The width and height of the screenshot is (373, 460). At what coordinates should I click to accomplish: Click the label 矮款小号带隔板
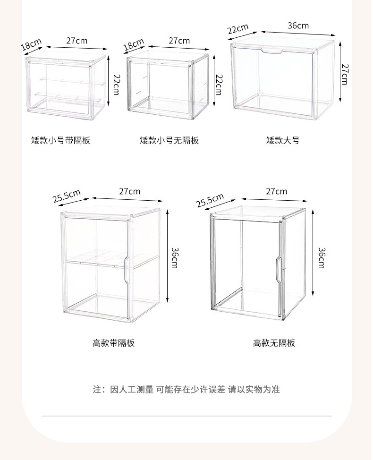(x=61, y=140)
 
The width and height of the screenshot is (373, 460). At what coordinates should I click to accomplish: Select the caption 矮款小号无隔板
(x=169, y=140)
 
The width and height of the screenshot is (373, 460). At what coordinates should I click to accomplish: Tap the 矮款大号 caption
(x=283, y=140)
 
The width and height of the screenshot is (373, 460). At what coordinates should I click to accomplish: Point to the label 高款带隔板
(x=113, y=343)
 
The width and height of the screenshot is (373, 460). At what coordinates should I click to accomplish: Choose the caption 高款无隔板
(x=274, y=343)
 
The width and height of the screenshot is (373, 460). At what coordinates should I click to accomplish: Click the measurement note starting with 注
(x=186, y=390)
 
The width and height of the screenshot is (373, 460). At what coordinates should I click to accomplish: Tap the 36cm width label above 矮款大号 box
(x=298, y=26)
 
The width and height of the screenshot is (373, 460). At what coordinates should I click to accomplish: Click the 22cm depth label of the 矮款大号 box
(x=238, y=29)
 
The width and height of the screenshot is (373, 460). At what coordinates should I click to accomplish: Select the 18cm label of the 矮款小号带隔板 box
(x=31, y=44)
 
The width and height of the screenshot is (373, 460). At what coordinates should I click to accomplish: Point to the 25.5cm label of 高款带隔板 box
(x=67, y=196)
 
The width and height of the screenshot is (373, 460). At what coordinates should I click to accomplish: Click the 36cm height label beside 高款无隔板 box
(x=322, y=258)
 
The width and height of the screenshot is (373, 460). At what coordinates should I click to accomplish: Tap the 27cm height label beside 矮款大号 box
(x=345, y=74)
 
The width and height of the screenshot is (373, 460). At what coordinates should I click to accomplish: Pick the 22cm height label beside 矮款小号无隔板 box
(x=219, y=85)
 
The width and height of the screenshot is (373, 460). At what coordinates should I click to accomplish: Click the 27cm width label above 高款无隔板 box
(x=277, y=191)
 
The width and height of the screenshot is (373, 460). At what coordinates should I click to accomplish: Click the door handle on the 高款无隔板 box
(x=278, y=270)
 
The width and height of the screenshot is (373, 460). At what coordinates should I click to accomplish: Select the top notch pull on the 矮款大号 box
(x=272, y=51)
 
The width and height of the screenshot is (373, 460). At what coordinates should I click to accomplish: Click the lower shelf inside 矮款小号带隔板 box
(x=68, y=97)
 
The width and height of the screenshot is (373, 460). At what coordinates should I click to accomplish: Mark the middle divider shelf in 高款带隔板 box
(x=111, y=260)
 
